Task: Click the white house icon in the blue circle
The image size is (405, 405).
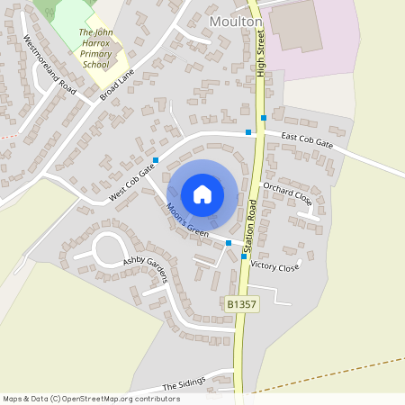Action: [x=202, y=193]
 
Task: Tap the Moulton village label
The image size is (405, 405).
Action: [x=235, y=21]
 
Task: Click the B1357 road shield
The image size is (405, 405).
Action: [x=240, y=306]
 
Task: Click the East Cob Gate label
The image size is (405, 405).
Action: [x=307, y=139]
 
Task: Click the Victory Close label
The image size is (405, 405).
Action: [x=274, y=266]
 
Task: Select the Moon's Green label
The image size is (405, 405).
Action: [x=187, y=220]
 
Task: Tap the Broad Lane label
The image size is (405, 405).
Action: [x=118, y=82]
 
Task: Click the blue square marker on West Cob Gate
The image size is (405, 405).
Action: [x=156, y=161]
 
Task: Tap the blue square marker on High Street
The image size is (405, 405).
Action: [x=263, y=118]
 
